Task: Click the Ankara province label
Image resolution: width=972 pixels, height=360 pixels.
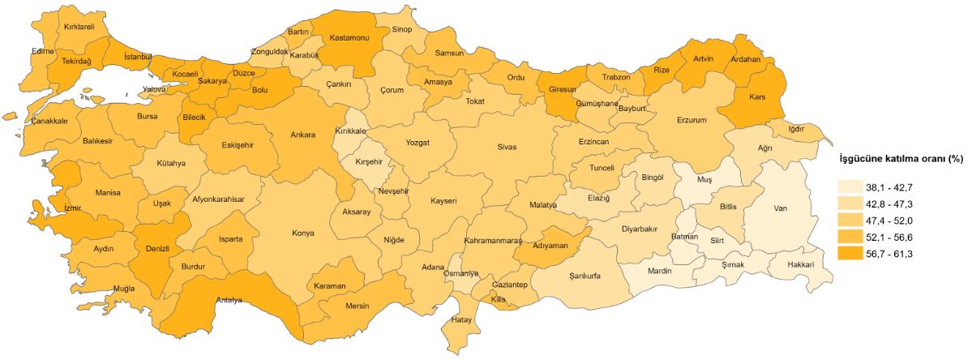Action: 302,135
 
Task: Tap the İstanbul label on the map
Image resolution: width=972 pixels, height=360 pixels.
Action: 139,57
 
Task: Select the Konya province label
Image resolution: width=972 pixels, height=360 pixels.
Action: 303,234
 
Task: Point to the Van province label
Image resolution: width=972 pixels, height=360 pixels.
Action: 781,208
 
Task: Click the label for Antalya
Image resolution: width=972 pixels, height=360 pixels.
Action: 229,301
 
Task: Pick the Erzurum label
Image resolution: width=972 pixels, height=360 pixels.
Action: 692,121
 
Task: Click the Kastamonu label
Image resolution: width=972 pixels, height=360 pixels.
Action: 349,38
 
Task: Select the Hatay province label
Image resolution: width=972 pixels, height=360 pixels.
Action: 461,319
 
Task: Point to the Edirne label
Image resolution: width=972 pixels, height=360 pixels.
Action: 42,51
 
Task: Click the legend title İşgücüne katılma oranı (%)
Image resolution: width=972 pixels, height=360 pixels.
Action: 901,159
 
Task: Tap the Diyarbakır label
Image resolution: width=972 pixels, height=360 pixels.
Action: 639,229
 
